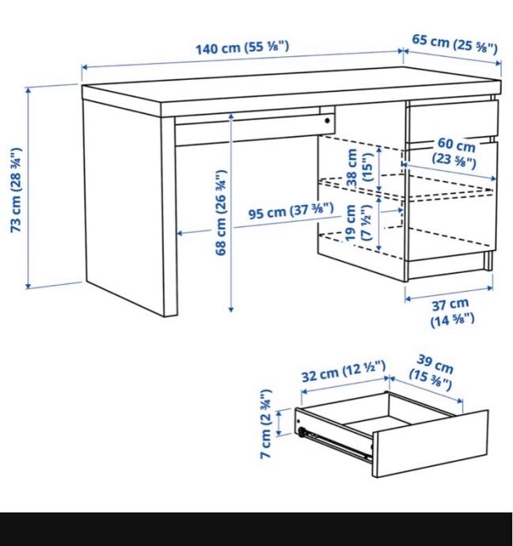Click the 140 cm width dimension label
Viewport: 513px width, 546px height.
click(242, 47)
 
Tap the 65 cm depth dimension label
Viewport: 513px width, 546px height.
click(455, 44)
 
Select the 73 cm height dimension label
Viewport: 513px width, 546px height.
click(17, 190)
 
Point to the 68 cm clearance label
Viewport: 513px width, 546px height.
click(221, 212)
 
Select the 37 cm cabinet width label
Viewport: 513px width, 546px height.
click(452, 313)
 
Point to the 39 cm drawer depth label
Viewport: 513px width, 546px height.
click(431, 372)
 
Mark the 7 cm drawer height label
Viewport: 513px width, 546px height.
click(266, 424)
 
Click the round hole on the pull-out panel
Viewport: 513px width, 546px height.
click(328, 121)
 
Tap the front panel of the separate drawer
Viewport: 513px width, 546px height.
click(431, 444)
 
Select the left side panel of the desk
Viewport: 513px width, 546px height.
click(123, 208)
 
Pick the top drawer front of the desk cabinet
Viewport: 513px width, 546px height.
click(452, 121)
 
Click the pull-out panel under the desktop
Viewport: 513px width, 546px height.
click(254, 125)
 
